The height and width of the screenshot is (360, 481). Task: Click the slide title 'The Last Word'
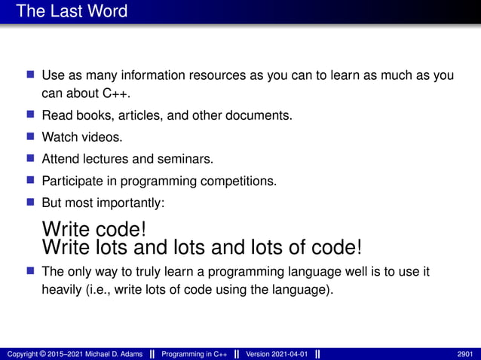(x=72, y=11)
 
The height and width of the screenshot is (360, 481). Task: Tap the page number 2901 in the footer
(x=466, y=354)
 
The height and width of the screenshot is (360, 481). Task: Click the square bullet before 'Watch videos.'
(x=31, y=137)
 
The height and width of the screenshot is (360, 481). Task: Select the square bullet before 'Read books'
(x=31, y=115)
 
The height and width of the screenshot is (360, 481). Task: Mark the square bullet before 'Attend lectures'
(x=31, y=159)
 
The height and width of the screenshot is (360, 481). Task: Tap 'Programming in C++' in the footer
(x=195, y=354)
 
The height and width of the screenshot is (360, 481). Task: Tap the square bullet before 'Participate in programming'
(x=31, y=181)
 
